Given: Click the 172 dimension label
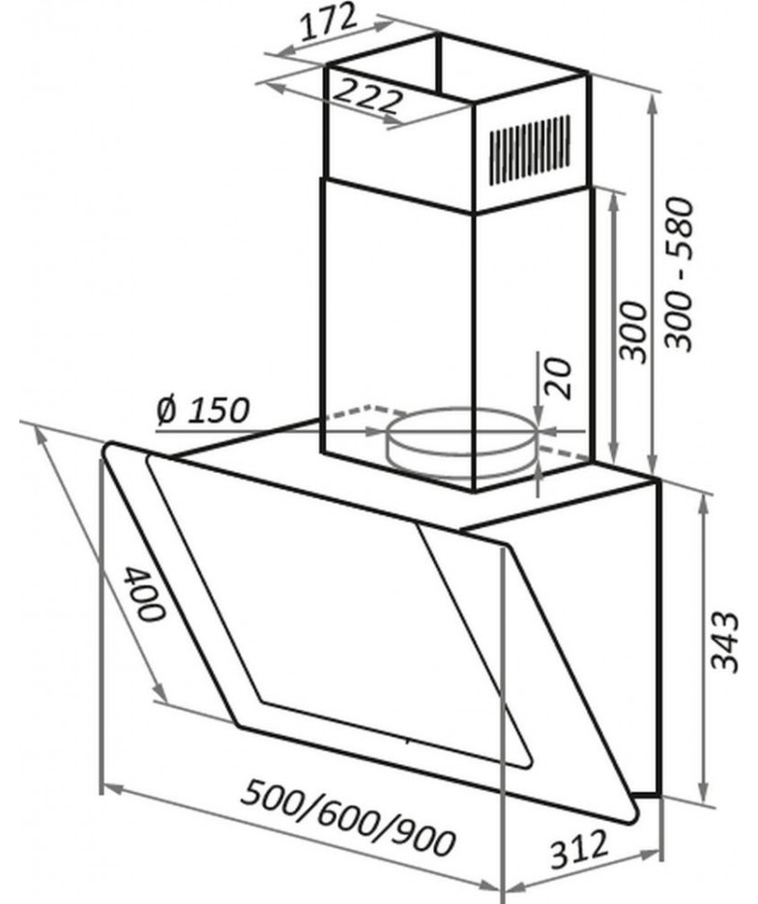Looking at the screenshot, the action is [x=330, y=23].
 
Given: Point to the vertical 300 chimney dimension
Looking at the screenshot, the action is [x=633, y=331].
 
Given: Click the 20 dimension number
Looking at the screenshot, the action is [x=558, y=378].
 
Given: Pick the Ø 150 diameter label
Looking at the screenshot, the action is [x=203, y=410].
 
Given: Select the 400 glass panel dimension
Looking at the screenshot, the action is [x=144, y=594].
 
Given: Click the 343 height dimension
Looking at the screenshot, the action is [x=724, y=642].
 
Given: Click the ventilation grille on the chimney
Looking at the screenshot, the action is [x=531, y=150].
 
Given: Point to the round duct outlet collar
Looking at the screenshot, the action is [x=462, y=444].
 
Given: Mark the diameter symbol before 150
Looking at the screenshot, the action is [x=166, y=410].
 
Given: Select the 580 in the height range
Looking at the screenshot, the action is [x=678, y=222].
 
